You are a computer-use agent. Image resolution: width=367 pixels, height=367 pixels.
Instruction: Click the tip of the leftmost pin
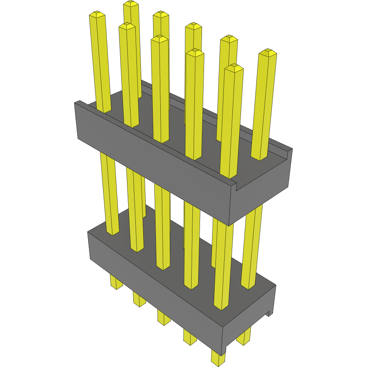tap(97, 15)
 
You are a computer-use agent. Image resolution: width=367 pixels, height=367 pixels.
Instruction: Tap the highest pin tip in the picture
tap(131, 4)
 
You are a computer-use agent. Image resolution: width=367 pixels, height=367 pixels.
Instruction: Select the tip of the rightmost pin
tap(268, 52)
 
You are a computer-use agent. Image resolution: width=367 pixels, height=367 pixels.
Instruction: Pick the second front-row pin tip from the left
tap(127, 26)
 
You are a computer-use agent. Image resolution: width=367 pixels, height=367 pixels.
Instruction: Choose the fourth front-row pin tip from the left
tap(194, 52)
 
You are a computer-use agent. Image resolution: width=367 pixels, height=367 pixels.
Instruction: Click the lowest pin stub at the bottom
tap(218, 358)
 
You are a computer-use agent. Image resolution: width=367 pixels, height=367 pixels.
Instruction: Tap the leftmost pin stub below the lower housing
tap(116, 283)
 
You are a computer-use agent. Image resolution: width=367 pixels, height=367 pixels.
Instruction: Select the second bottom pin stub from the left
tap(139, 300)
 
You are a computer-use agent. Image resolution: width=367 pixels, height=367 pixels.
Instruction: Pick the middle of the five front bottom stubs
tap(163, 317)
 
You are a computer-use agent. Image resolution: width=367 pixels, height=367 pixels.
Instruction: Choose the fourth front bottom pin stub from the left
tap(190, 337)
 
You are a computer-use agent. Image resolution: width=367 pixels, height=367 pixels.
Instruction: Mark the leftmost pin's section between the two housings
tap(110, 194)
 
